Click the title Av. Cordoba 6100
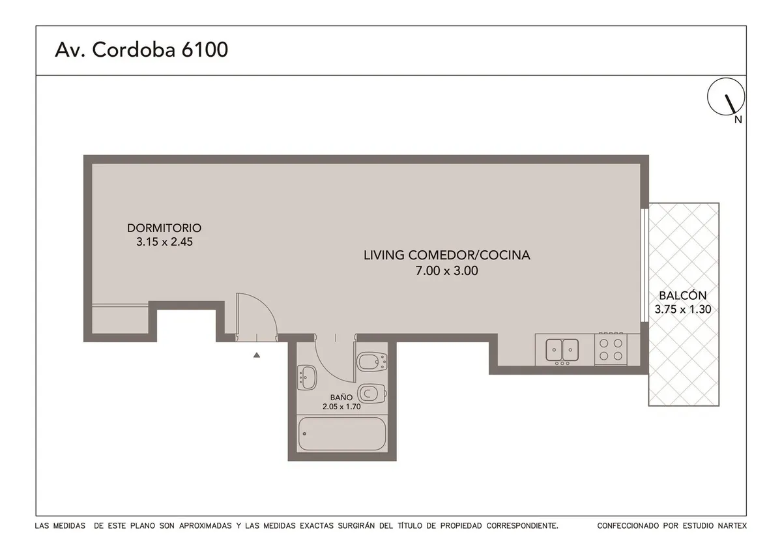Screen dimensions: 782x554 141,50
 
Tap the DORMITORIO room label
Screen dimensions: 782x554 164,228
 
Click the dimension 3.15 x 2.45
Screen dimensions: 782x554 164,242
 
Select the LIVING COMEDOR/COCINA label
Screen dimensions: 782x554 447,255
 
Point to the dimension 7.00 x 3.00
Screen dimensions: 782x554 446,270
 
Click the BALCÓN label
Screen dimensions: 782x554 683,295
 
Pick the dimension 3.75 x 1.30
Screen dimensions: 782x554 683,310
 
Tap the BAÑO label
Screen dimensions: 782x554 341,398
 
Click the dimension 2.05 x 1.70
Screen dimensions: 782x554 341,406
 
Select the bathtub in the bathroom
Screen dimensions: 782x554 341,433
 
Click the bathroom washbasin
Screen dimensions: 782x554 307,377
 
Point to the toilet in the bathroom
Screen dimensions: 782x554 372,394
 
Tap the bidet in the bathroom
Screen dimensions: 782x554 372,362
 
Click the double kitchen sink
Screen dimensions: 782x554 562,350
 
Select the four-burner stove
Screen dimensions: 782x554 611,349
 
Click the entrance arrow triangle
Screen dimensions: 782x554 257,355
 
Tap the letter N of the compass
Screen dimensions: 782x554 738,120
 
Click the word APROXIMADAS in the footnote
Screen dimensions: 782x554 205,526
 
